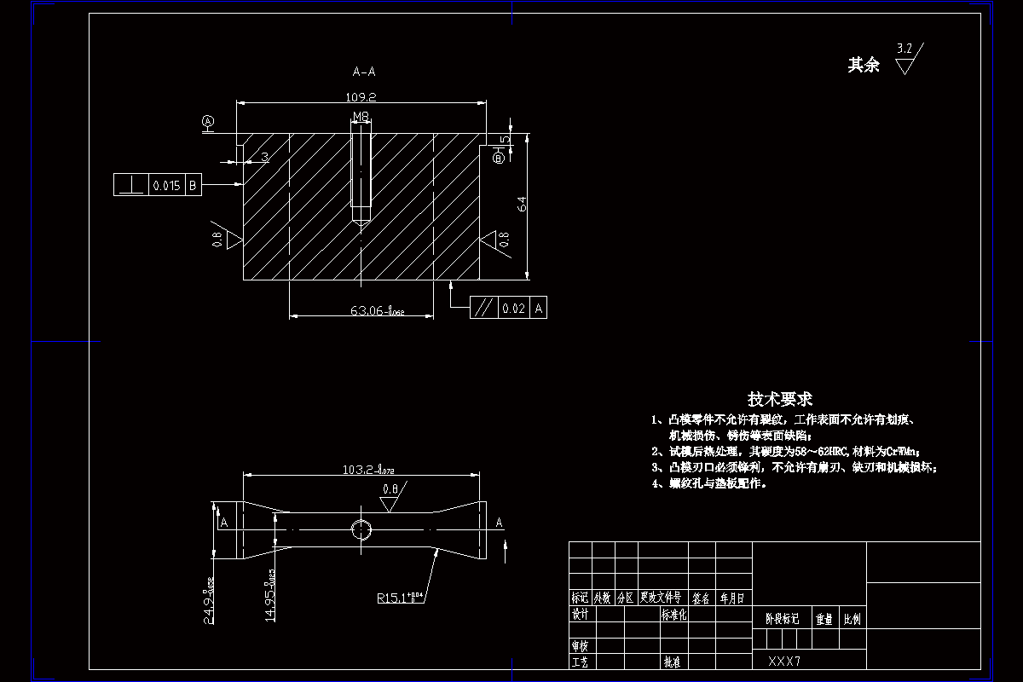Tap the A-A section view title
(364, 72)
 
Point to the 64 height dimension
(522, 205)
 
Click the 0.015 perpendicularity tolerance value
(165, 185)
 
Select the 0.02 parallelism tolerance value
(513, 308)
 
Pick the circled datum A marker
(208, 122)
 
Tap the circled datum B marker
(500, 157)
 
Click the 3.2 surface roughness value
(905, 49)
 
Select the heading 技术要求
(780, 398)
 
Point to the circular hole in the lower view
(361, 529)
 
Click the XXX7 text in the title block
(785, 661)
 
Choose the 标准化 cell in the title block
(673, 614)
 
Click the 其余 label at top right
(863, 65)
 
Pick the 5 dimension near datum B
(505, 139)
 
